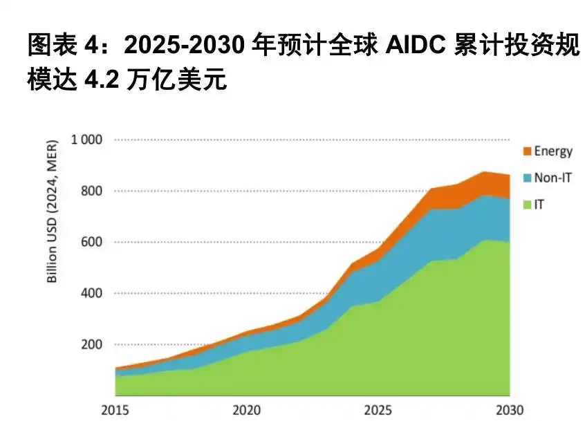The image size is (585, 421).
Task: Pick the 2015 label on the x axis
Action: click(x=115, y=409)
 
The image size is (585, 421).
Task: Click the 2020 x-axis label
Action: click(x=246, y=409)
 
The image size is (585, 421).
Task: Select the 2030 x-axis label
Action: click(x=510, y=409)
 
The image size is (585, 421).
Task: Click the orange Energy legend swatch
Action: click(x=527, y=151)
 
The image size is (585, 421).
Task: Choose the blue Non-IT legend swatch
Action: click(x=527, y=178)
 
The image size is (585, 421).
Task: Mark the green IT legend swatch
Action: click(x=527, y=205)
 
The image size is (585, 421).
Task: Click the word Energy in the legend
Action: click(x=553, y=151)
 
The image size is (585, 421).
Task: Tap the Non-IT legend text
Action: click(x=553, y=178)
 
